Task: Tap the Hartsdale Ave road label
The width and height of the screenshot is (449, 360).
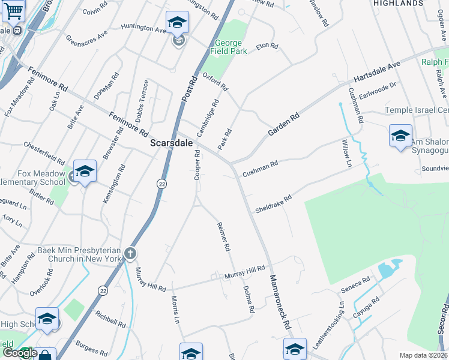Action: click(376, 71)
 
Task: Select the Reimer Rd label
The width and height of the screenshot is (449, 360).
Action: click(223, 236)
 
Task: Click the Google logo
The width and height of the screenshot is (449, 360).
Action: click(19, 353)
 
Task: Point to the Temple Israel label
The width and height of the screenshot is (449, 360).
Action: click(417, 110)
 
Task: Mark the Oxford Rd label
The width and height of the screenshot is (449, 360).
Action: click(215, 82)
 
